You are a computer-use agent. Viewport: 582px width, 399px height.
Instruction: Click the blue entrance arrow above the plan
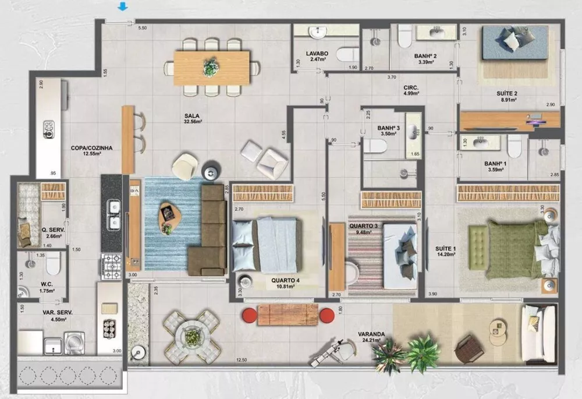[x=122, y=7]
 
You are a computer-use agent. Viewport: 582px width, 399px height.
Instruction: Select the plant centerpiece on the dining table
[x=208, y=66]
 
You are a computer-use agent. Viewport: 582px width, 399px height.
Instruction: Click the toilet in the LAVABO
[x=348, y=54]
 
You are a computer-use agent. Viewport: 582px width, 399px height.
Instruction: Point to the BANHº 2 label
[x=425, y=57]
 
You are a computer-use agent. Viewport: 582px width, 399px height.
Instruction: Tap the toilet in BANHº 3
[x=375, y=146]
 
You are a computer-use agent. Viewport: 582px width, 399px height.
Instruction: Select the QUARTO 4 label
[x=285, y=280]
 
